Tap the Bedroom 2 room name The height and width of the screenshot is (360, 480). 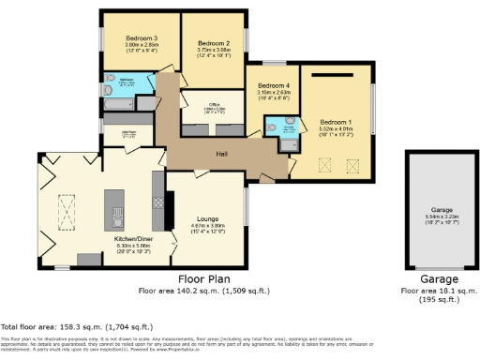pyautogui.click(x=214, y=43)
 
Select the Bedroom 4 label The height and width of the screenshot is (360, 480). pyautogui.click(x=273, y=85)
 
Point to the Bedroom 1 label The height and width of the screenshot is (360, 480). pyautogui.click(x=336, y=122)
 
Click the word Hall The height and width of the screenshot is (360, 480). pyautogui.click(x=221, y=154)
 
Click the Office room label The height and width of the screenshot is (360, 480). pyautogui.click(x=215, y=104)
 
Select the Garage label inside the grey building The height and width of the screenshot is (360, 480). pyautogui.click(x=442, y=210)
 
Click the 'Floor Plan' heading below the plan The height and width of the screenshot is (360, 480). pyautogui.click(x=205, y=279)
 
